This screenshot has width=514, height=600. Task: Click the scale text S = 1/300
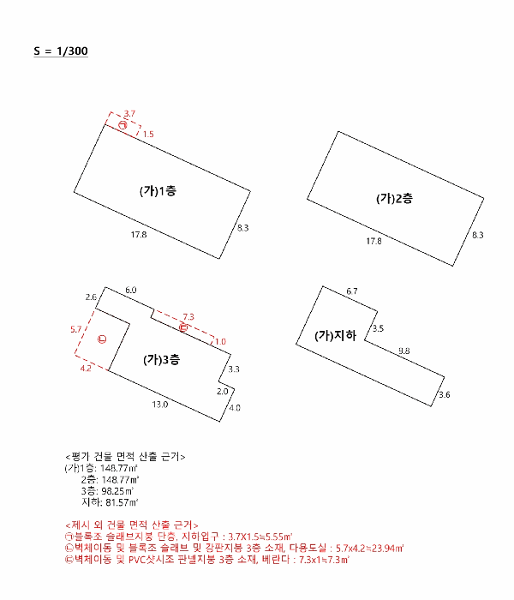[61, 51]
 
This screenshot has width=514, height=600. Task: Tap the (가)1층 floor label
[158, 191]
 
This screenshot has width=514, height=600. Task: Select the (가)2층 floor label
[394, 198]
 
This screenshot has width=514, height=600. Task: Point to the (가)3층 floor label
[161, 360]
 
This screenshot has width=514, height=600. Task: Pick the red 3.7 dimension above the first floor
[129, 113]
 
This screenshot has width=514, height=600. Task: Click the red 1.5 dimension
[148, 135]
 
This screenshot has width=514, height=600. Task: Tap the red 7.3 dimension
[188, 316]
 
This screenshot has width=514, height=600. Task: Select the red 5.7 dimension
[75, 329]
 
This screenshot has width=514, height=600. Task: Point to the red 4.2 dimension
[86, 369]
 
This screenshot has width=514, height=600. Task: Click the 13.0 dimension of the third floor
[160, 404]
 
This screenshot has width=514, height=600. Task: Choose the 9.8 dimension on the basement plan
[403, 351]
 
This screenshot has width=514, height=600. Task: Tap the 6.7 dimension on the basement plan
[352, 292]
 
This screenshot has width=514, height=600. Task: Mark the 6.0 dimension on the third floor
[130, 291]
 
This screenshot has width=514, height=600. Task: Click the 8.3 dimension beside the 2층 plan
[477, 235]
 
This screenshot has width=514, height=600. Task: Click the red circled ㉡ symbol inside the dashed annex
[101, 340]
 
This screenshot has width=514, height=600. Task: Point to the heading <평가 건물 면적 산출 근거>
[125, 455]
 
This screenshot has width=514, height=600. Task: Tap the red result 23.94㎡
[384, 546]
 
